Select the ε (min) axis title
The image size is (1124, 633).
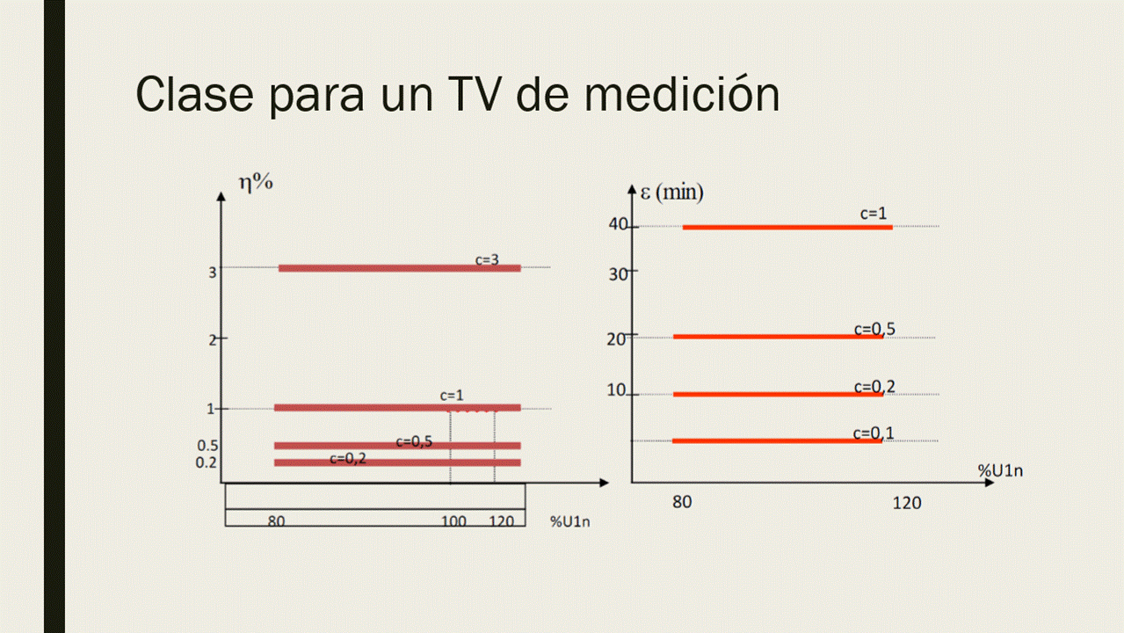675,192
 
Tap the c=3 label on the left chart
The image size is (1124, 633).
488,259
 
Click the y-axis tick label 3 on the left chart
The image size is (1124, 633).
213,273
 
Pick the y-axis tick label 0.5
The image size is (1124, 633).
207,445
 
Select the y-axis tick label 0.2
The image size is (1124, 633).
207,462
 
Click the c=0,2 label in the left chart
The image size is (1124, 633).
348,458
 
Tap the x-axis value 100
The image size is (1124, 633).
453,520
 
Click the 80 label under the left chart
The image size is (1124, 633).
276,520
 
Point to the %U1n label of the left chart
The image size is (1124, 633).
570,521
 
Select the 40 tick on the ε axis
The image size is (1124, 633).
618,224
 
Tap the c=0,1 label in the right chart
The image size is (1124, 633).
874,433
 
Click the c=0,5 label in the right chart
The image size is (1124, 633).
874,330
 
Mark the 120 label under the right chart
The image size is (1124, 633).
907,503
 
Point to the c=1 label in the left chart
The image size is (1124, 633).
452,396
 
